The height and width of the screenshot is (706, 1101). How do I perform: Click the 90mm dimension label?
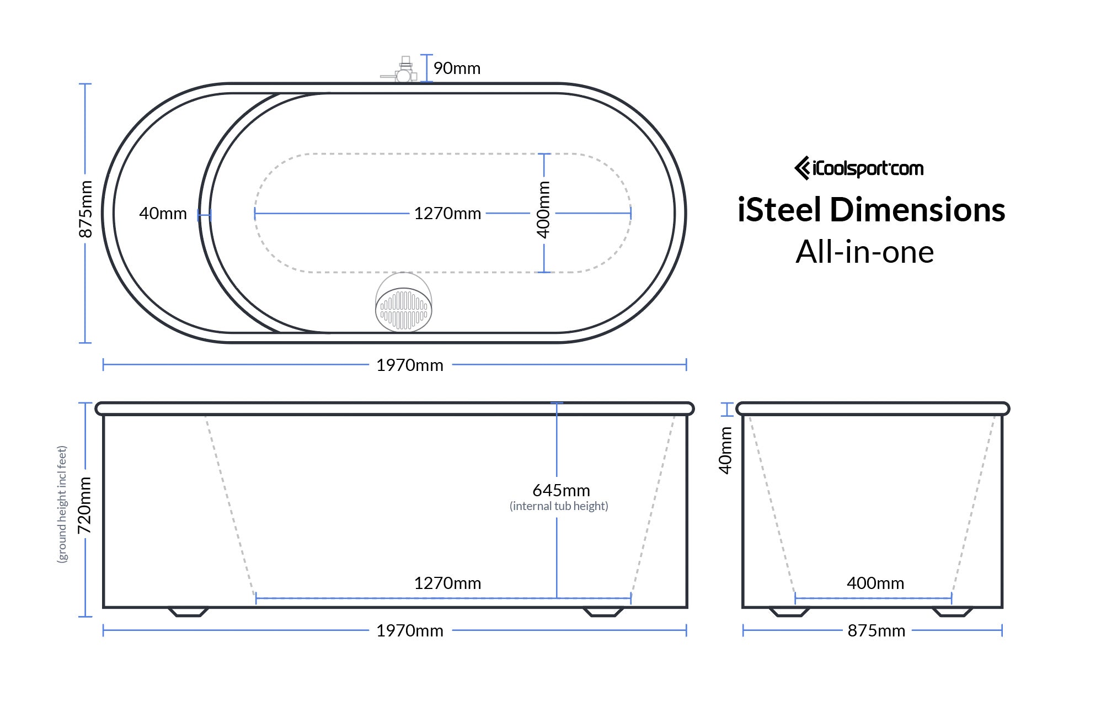[x=457, y=68]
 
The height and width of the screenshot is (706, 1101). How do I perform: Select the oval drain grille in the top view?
[x=403, y=310]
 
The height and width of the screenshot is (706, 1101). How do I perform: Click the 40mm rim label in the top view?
[x=163, y=213]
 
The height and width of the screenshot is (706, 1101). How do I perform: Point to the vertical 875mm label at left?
[x=85, y=209]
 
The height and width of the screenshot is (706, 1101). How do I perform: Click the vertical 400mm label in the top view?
[x=543, y=209]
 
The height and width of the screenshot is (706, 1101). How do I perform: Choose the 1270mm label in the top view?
[x=447, y=213]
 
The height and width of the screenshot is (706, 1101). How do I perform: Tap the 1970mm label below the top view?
[x=410, y=365]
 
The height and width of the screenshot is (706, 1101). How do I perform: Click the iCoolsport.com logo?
[x=859, y=168]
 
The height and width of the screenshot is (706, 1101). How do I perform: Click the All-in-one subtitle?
[x=864, y=252]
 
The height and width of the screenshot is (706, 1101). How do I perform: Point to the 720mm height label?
[x=84, y=505]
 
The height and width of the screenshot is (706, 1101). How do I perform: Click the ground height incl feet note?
[x=62, y=504]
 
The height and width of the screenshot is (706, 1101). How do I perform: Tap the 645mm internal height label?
[x=561, y=490]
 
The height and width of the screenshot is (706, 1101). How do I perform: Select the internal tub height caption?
[x=559, y=506]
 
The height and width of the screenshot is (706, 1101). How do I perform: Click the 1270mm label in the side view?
[x=447, y=583]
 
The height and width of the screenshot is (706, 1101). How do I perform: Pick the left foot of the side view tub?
[x=188, y=612]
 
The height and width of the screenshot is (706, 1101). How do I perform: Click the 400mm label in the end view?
[x=875, y=583]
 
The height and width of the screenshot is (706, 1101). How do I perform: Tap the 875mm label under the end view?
[x=876, y=630]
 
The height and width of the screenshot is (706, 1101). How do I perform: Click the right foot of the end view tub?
[x=952, y=612]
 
